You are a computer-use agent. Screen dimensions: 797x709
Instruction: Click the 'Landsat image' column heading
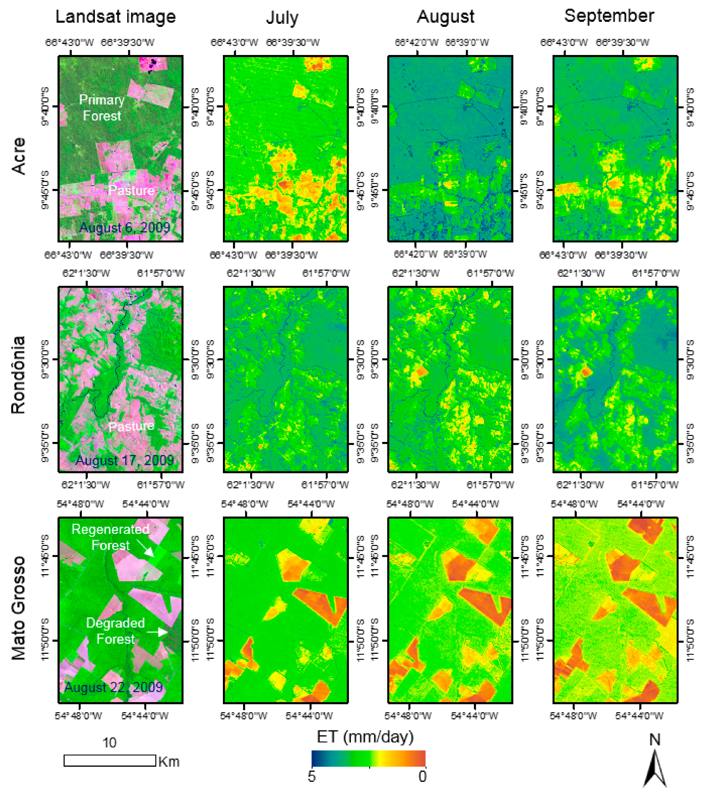point(115,17)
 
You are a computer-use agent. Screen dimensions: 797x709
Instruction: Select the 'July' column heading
point(282,18)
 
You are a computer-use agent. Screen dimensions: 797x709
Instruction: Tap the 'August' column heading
point(445,17)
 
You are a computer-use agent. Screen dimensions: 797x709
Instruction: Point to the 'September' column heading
point(609,16)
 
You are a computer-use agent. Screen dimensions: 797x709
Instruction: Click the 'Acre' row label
point(18,156)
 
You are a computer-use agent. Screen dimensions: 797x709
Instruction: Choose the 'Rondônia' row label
point(18,375)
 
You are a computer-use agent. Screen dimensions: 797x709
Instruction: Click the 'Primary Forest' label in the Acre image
point(102,107)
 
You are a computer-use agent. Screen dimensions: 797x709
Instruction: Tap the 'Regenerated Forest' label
point(110,537)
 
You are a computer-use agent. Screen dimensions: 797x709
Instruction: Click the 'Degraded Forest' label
point(115,630)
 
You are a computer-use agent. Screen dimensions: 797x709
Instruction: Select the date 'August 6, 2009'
point(124,227)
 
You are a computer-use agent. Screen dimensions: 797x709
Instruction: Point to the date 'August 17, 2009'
point(124,460)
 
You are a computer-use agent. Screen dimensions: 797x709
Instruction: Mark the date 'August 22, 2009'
point(113,687)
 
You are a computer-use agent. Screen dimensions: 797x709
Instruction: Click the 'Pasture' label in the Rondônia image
point(131,426)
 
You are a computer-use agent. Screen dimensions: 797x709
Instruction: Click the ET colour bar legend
point(368,758)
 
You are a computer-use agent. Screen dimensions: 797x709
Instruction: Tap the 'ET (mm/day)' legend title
point(365,737)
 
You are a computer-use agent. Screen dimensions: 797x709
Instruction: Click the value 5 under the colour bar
point(311,776)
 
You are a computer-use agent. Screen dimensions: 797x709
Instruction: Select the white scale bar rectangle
point(110,760)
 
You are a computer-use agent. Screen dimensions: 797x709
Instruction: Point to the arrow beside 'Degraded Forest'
point(157,631)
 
